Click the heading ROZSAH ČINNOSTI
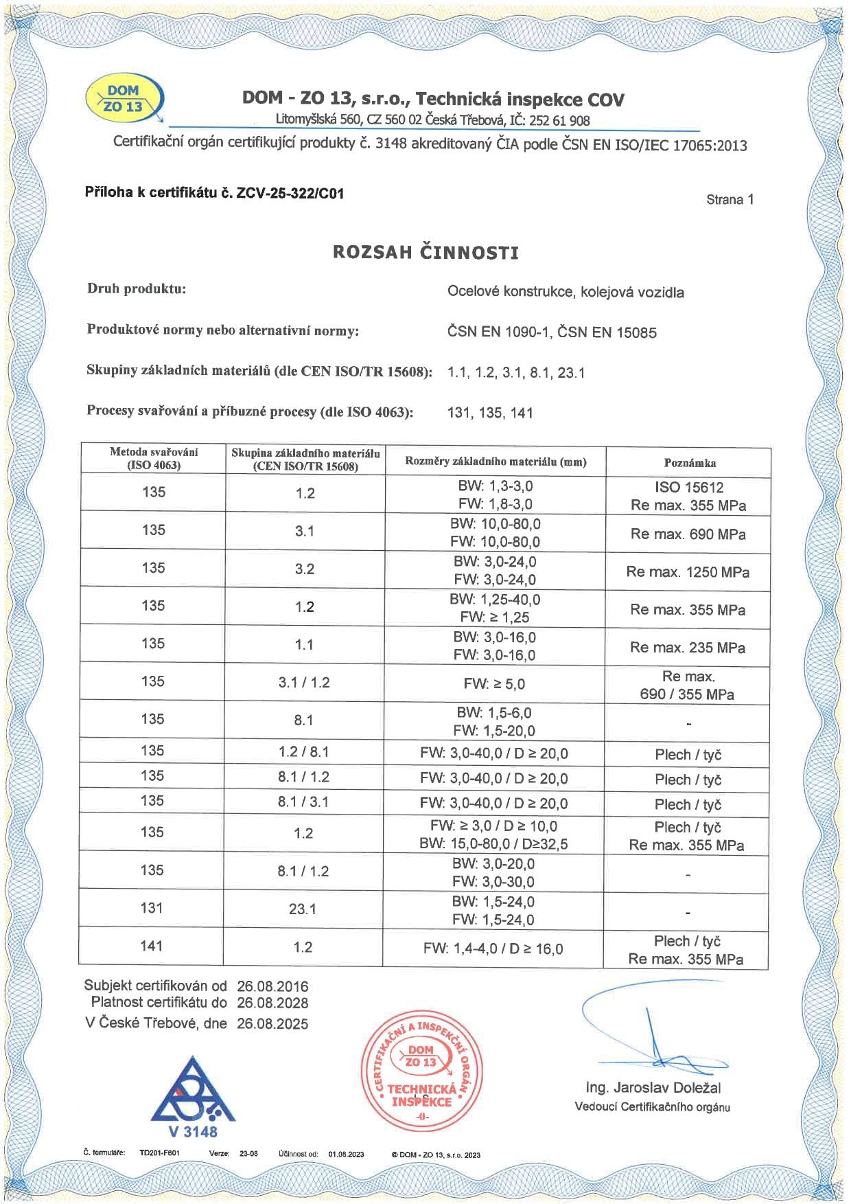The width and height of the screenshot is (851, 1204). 425,252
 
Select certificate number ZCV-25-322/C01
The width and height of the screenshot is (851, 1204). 290,193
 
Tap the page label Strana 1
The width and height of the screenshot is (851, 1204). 730,200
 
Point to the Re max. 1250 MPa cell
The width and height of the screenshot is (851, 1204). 688,572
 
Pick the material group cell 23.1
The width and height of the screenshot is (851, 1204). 303,909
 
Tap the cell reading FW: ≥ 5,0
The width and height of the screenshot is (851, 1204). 494,684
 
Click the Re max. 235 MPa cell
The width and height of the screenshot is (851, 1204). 688,648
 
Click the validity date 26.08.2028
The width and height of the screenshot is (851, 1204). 272,1003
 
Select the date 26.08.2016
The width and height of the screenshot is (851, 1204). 272,986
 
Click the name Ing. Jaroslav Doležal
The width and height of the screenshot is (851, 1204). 653,1088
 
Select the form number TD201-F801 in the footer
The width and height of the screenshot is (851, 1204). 159,1153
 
